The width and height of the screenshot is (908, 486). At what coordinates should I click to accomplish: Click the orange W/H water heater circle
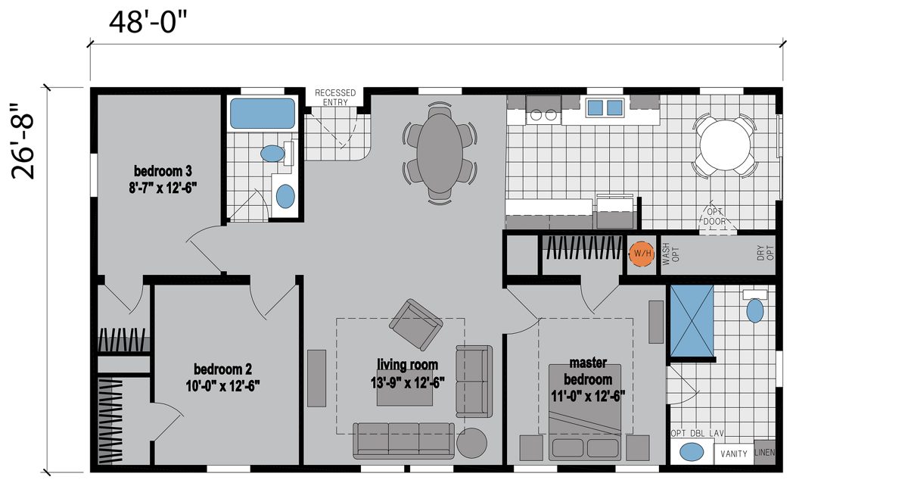(x=642, y=254)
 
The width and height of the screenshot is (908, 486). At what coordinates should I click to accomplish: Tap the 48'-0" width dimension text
(x=148, y=22)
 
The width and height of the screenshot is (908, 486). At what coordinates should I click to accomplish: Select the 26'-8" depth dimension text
(x=23, y=141)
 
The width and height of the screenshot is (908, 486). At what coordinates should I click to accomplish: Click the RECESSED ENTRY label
(x=335, y=98)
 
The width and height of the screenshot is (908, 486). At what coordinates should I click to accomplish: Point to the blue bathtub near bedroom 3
(x=263, y=114)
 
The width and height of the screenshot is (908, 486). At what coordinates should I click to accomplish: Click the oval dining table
(x=440, y=154)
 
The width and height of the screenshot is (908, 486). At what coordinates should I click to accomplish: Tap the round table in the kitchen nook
(x=725, y=145)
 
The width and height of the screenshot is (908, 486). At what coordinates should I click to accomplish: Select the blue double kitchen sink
(x=605, y=107)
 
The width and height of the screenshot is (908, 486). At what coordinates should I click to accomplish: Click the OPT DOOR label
(x=714, y=217)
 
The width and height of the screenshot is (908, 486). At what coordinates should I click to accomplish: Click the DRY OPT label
(x=765, y=253)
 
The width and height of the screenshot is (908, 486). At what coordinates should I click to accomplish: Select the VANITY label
(x=734, y=453)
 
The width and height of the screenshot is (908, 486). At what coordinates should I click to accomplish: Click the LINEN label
(x=764, y=452)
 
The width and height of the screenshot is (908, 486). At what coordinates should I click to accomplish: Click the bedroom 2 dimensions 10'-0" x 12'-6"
(x=222, y=386)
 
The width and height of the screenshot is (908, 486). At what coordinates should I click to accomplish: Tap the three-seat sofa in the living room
(x=404, y=441)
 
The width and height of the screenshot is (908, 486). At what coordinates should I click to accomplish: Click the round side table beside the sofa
(x=472, y=443)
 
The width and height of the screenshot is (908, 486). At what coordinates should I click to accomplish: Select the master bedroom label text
(x=588, y=371)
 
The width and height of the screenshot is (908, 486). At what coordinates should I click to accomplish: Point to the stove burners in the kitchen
(x=543, y=115)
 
